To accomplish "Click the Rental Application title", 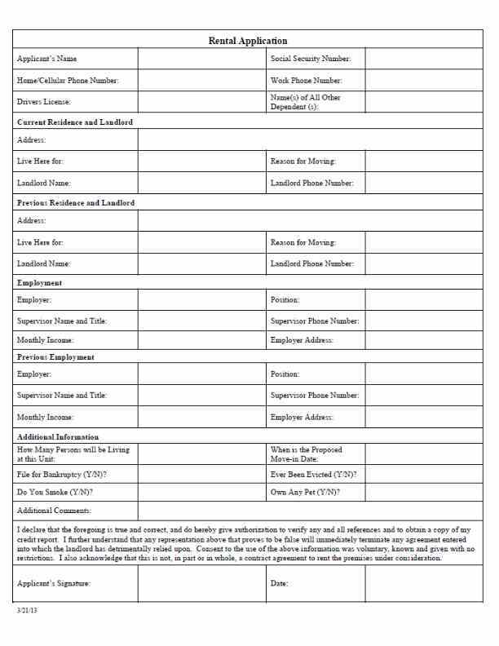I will coord(248,40).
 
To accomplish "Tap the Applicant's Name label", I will coord(47,59).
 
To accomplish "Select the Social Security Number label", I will coord(311,59).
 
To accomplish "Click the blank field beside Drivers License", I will coord(201,102).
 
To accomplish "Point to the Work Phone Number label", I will coord(306,81).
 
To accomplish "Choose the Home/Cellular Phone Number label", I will coord(68,81).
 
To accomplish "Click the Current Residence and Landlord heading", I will coord(75,122).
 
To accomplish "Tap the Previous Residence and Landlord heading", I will coord(76,202).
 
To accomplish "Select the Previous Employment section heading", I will coord(55,357).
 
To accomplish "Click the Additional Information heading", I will coord(58,437).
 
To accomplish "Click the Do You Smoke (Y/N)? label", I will coord(55,493).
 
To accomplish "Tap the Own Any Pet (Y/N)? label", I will coord(305,493).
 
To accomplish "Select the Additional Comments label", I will coord(55,511).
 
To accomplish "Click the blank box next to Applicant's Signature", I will coord(201,583).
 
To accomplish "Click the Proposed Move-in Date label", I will coord(307,454).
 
